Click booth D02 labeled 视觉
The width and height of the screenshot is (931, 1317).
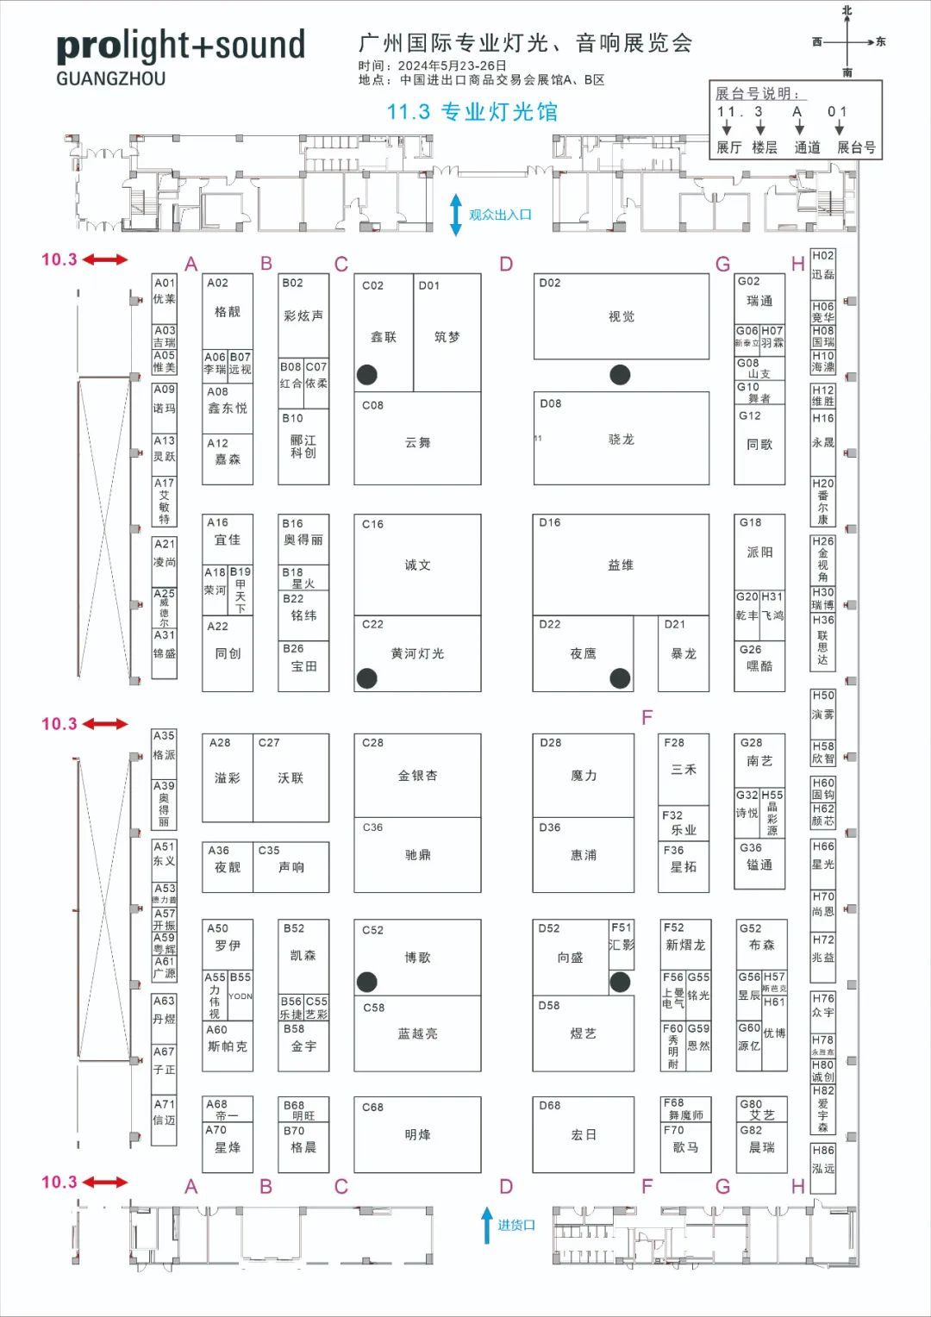coord(621,316)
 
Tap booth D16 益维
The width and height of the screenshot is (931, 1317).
coord(621,565)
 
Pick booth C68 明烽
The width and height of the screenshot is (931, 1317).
coord(417,1134)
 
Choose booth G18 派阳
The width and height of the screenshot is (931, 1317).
coord(759,552)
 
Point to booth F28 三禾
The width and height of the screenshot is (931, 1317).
coord(684,768)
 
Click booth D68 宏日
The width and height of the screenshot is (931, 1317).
coord(584,1134)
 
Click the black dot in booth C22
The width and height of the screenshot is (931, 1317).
coord(367,678)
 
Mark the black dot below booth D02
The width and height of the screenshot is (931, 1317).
coord(620,375)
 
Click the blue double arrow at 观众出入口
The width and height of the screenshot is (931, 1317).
coord(456,215)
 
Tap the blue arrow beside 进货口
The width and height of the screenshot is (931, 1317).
coord(487,1224)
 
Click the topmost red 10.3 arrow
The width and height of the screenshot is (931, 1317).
coord(105,259)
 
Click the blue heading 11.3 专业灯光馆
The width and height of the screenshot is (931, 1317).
coord(472,112)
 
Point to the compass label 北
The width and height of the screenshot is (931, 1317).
coord(847,10)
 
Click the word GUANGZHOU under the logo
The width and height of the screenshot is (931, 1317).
coord(111,78)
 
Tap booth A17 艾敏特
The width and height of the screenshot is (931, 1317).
coord(164,502)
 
